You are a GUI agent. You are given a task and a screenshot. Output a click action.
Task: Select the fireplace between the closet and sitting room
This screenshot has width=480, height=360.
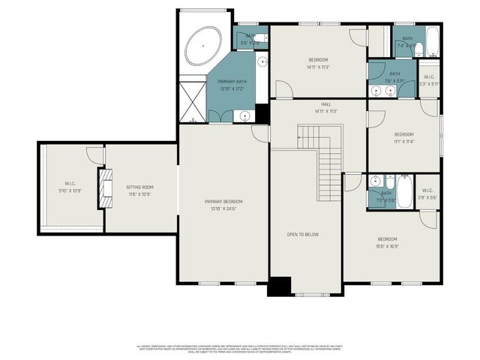pos(105,184)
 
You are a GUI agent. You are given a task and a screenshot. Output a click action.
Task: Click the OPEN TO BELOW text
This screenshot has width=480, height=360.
pos(303,234)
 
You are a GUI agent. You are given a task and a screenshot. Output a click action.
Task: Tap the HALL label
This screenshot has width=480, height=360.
pos(325,104)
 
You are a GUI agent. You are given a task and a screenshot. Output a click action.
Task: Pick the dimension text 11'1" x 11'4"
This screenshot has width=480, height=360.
pos(404,140)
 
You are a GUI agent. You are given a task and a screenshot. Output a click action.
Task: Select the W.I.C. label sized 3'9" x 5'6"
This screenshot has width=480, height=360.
pos(427,193)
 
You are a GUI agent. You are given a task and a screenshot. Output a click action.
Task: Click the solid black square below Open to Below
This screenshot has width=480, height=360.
pos(279,286)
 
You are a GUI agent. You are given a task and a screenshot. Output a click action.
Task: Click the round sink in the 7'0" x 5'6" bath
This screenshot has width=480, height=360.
pos(374,181)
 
